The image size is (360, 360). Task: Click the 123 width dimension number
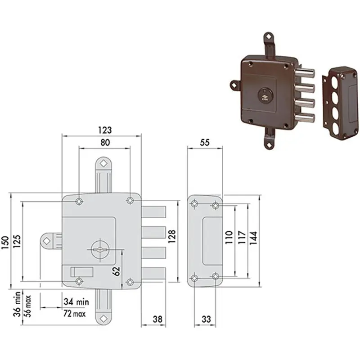point(105,130)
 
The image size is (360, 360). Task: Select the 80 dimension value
point(105,143)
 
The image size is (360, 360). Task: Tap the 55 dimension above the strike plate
point(205,143)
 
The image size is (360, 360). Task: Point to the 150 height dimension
point(5,243)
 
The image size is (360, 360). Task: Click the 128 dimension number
point(172,236)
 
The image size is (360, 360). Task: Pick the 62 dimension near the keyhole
point(117,271)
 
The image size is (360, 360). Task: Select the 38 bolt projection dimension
point(157,319)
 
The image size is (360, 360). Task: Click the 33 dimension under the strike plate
point(206,319)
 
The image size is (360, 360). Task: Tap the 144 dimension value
point(253,238)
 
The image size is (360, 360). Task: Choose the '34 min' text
point(76,301)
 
